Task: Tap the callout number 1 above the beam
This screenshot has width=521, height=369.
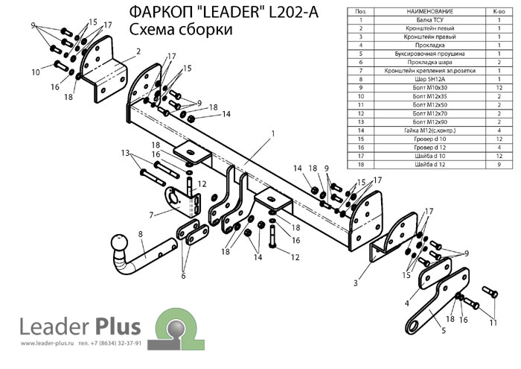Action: point(273,133)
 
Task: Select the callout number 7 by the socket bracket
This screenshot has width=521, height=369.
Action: point(152,215)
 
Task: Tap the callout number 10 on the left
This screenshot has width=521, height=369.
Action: point(36,72)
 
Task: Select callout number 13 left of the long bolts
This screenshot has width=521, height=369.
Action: point(125,152)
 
